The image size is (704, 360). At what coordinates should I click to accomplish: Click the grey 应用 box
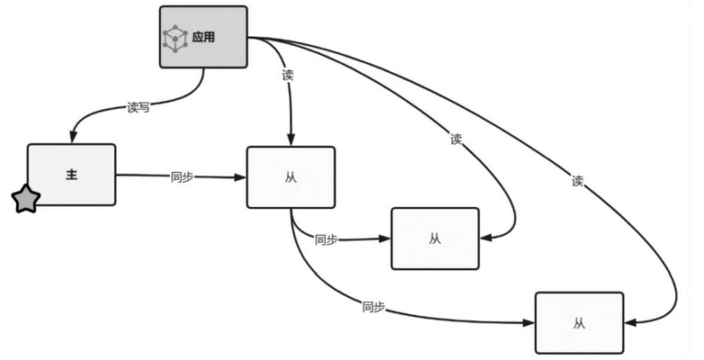(x=203, y=36)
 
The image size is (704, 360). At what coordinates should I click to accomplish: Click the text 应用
(x=203, y=38)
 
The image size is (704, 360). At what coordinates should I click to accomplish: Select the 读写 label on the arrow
(x=138, y=108)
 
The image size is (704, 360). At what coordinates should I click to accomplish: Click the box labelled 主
(x=72, y=175)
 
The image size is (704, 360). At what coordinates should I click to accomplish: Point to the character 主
(x=72, y=175)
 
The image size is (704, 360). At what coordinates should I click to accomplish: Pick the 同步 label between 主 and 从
(x=181, y=177)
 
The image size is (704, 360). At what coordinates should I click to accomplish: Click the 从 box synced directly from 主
(x=291, y=177)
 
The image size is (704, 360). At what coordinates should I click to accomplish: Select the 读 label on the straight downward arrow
(x=287, y=76)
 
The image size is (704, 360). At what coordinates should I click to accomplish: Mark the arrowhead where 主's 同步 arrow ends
(x=241, y=178)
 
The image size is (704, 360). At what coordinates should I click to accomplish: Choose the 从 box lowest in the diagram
(x=579, y=322)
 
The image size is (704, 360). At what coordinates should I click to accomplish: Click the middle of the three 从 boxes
(x=435, y=238)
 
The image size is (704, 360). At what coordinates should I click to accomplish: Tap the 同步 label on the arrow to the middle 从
(x=326, y=240)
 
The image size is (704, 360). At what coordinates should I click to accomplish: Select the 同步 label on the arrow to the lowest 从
(x=373, y=308)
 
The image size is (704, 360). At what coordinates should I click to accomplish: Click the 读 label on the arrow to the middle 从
(x=456, y=139)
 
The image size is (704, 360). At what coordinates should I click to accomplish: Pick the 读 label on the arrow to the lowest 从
(x=577, y=181)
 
